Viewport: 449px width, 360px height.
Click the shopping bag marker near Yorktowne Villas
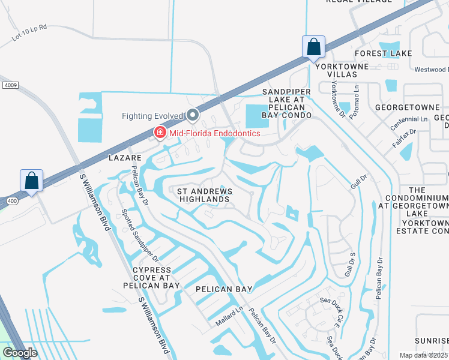(x=313, y=47)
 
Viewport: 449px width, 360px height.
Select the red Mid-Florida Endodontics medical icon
(x=160, y=133)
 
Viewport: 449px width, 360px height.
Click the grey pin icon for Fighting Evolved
(x=193, y=115)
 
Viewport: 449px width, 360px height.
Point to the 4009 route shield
(x=10, y=86)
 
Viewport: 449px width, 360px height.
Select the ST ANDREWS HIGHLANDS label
(x=205, y=195)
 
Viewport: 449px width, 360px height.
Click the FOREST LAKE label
(x=384, y=53)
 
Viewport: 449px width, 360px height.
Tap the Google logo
(x=20, y=352)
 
